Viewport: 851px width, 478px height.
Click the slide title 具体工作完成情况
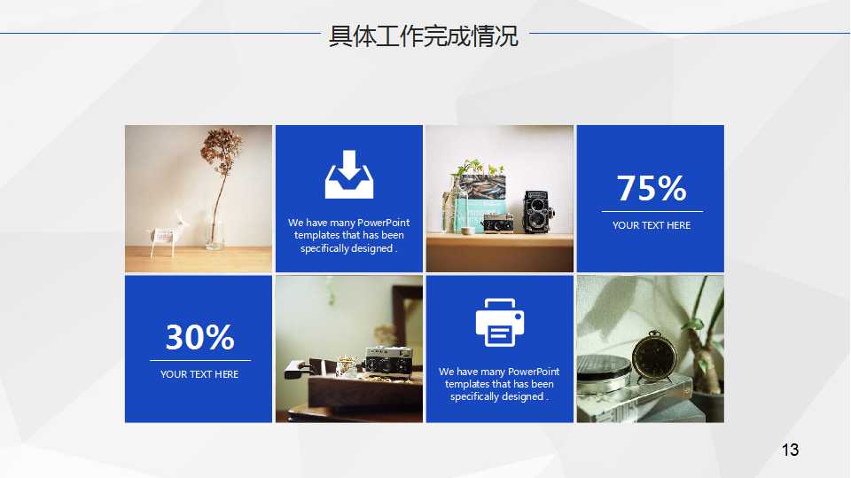tap(424, 37)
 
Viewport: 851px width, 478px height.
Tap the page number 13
tap(790, 451)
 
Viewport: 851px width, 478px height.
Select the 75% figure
tap(652, 188)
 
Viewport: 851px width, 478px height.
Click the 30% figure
tap(199, 337)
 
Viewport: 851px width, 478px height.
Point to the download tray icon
tap(349, 175)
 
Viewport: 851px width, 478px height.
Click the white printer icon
tap(500, 323)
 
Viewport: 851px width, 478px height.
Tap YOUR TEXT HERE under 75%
tap(652, 225)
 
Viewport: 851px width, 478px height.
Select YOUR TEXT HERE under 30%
tap(199, 374)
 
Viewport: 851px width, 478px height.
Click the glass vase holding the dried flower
tap(215, 229)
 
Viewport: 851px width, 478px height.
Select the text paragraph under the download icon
tap(349, 235)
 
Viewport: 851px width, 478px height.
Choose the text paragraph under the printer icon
tap(500, 384)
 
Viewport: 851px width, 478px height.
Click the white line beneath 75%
tap(652, 212)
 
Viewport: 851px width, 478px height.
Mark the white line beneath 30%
tap(199, 361)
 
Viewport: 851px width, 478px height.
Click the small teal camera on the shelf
tap(496, 223)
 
